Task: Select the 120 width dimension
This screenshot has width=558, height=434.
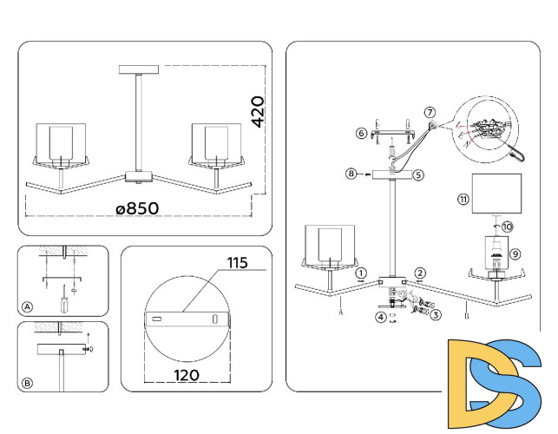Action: (187, 375)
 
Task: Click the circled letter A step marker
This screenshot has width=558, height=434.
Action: (28, 307)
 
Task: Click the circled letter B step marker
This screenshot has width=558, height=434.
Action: (28, 381)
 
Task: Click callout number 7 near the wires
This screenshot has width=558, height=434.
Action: (430, 113)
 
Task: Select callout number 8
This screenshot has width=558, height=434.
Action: (351, 174)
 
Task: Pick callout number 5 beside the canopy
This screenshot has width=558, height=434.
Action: (417, 174)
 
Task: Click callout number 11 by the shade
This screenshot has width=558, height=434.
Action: (463, 199)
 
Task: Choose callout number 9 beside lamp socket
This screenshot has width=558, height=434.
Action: (515, 253)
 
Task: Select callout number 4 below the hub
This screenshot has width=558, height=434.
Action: (380, 317)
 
